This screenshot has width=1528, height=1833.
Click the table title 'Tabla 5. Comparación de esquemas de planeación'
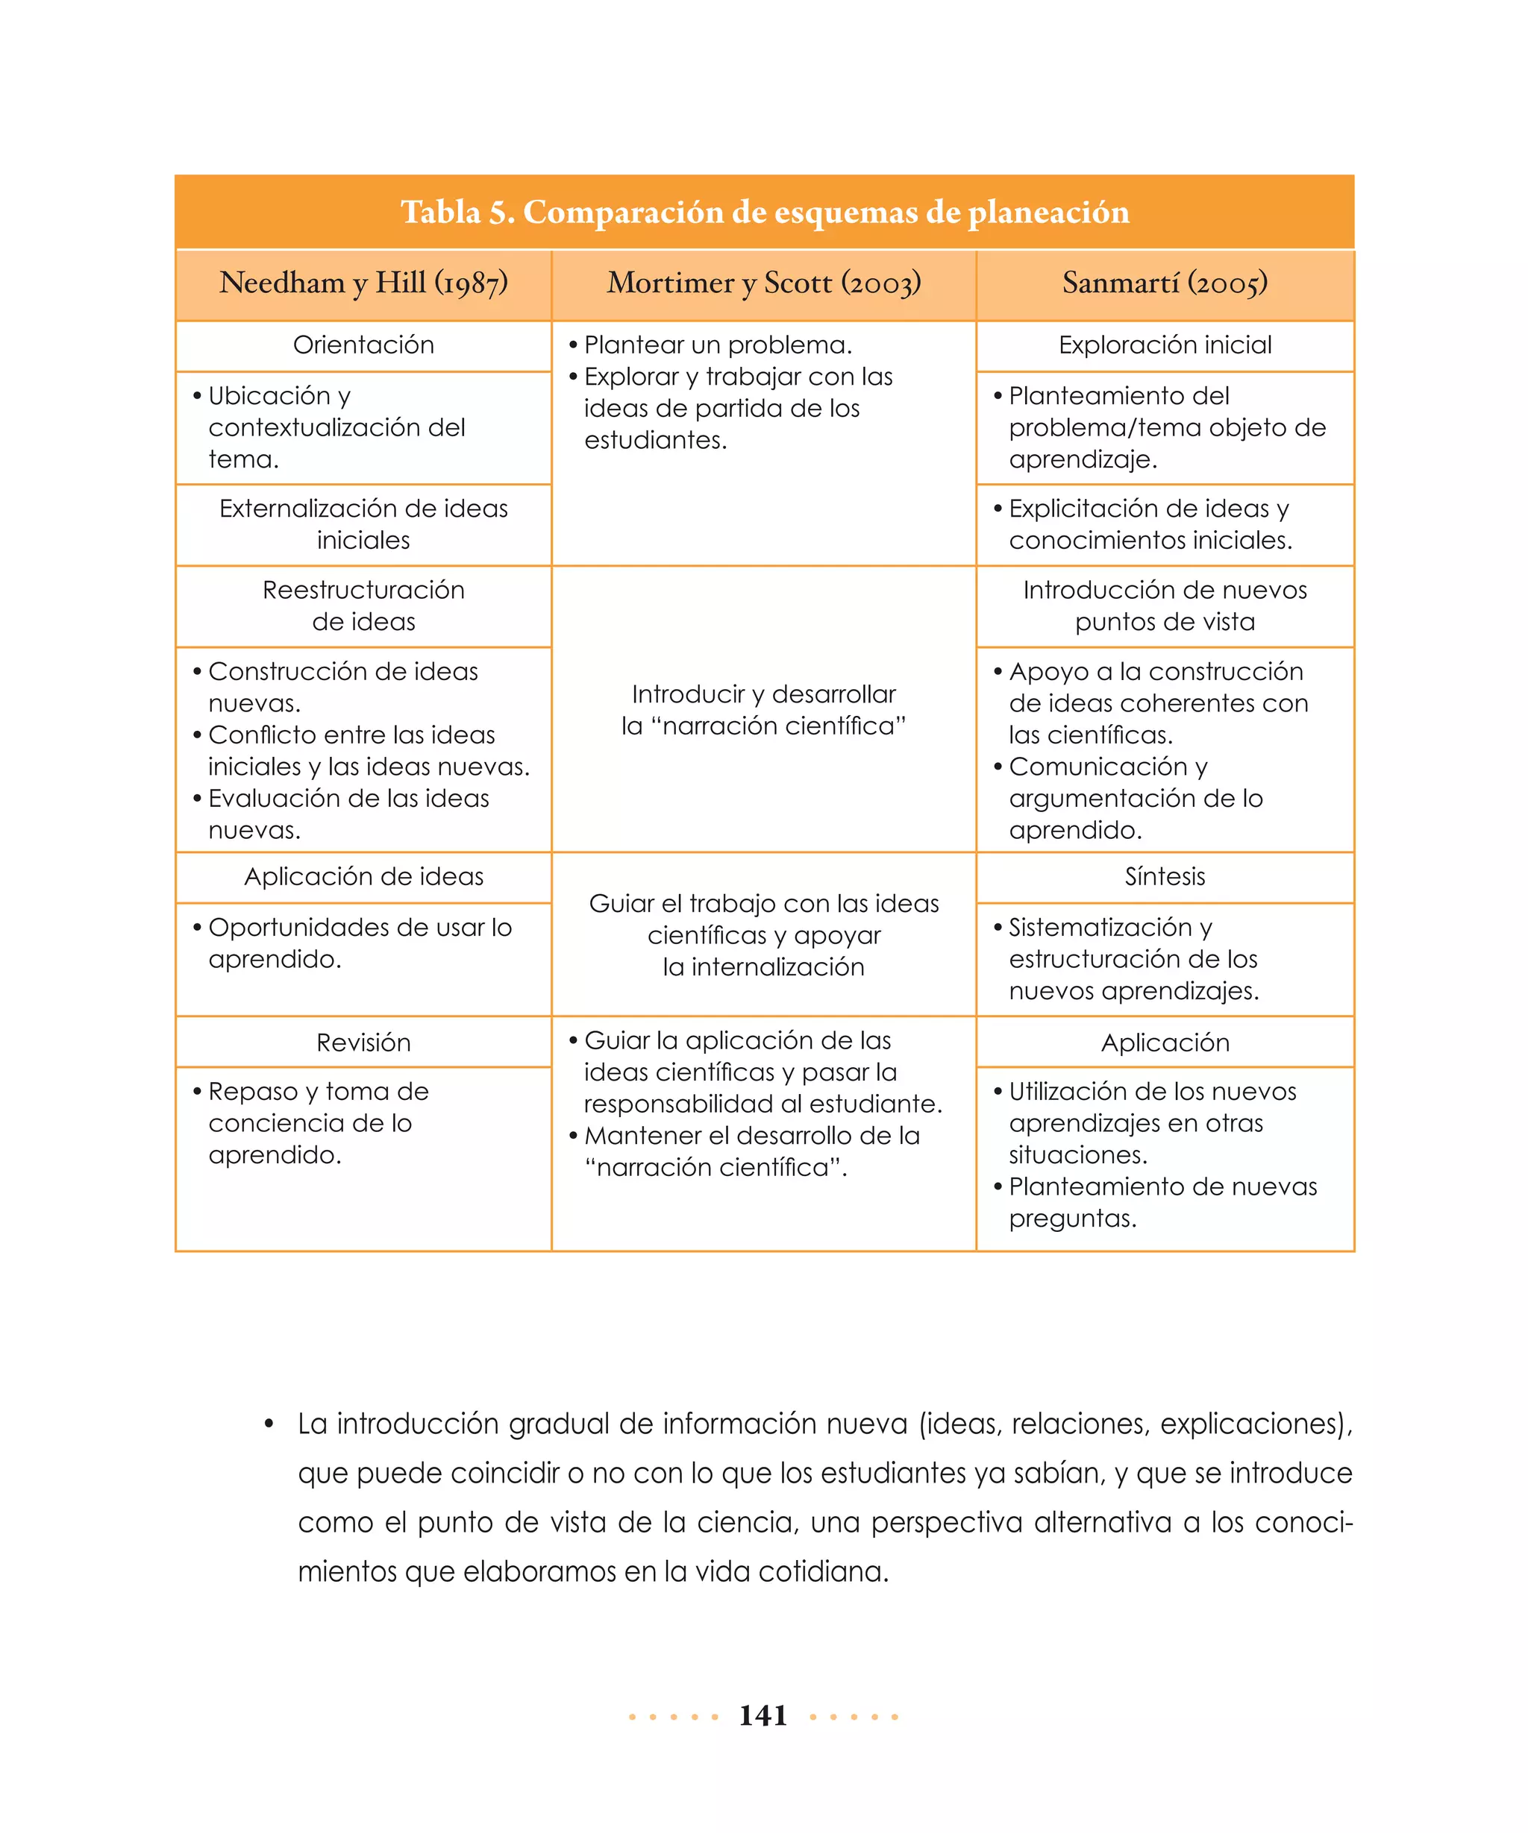tap(764, 212)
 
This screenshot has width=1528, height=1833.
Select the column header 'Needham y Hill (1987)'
tap(363, 283)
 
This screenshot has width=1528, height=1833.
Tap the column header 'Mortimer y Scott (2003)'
tap(763, 283)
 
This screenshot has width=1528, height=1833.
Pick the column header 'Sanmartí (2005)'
tap(1164, 283)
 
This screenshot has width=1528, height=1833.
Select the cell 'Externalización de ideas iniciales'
tap(363, 524)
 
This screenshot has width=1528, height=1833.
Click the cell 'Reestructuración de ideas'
tap(363, 605)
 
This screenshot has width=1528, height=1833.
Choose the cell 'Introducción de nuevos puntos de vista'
tap(1164, 605)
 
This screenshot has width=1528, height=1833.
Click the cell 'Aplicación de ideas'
tap(363, 876)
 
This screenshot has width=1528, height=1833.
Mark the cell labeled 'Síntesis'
tap(1164, 876)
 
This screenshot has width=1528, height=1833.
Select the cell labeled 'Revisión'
tap(363, 1043)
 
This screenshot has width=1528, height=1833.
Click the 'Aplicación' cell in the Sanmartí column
tap(1164, 1043)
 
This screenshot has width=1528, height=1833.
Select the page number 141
tap(763, 1715)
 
